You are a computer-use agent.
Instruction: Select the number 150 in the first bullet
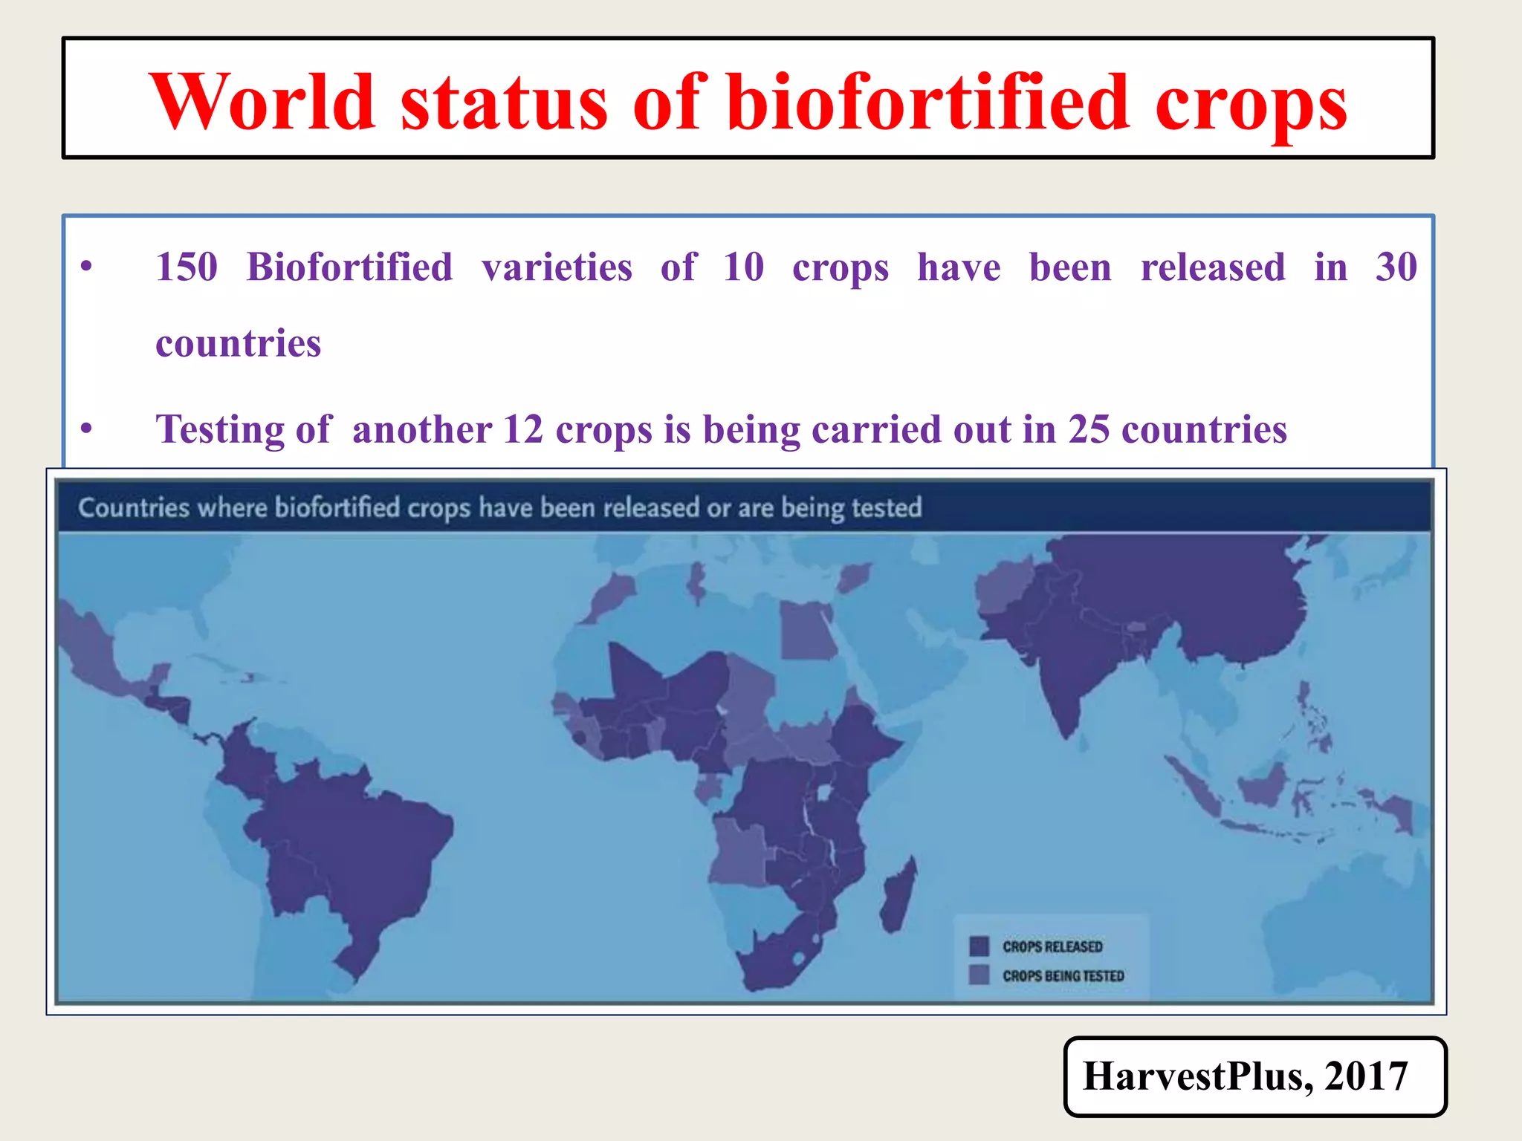(x=187, y=267)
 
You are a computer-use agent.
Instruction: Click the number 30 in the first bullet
(x=1396, y=267)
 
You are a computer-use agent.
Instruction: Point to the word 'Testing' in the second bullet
(x=219, y=429)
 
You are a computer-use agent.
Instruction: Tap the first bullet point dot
(x=87, y=266)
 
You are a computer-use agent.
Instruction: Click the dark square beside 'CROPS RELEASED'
(x=979, y=946)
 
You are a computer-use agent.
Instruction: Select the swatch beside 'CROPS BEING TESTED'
(x=979, y=975)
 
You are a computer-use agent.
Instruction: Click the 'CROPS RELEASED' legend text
(x=1052, y=947)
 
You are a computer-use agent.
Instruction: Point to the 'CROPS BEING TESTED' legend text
(x=1063, y=976)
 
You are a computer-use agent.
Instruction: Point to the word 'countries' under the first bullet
(x=238, y=343)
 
